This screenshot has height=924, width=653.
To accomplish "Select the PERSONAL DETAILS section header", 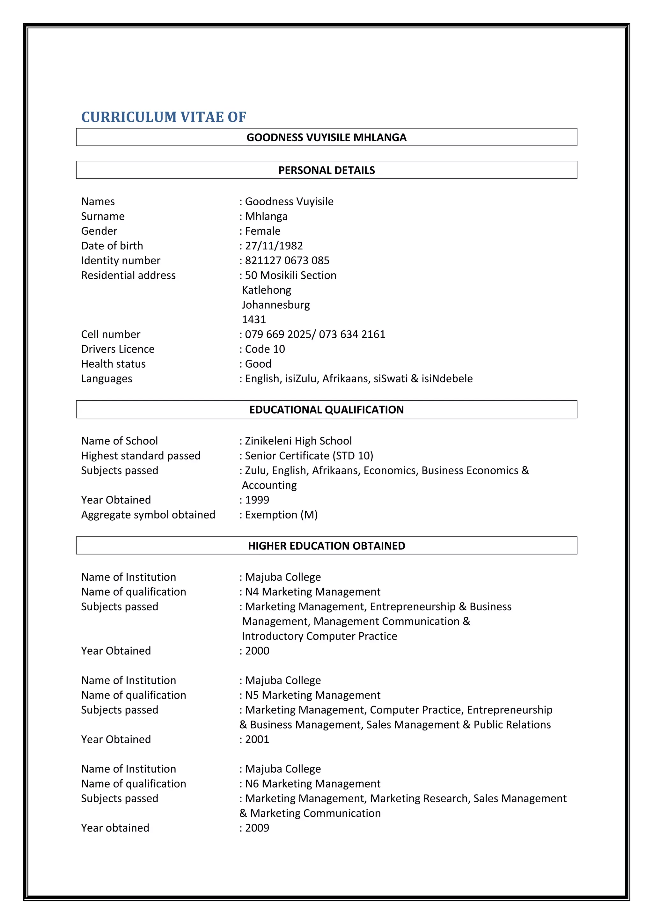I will pos(326,170).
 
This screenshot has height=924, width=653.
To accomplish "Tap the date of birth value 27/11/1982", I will pos(274,246).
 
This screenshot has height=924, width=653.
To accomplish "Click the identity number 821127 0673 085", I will pos(287,260).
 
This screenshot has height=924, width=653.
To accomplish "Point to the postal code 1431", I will pos(253,319).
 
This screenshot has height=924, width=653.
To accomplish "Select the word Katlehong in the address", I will pos(266,290).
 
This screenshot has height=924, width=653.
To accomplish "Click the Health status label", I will pos(114,364).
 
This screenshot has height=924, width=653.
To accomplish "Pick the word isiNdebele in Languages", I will pos(447,379).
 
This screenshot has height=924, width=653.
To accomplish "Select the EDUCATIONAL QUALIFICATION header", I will pos(326,410).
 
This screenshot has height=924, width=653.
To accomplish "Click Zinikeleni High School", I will pos(298,441).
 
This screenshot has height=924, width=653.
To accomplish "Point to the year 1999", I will pos(257,500).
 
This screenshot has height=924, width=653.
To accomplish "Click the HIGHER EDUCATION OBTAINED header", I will pos(326,546).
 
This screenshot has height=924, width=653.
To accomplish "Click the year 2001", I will pos(257,739).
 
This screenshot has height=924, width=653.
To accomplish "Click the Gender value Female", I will pos(263,231).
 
